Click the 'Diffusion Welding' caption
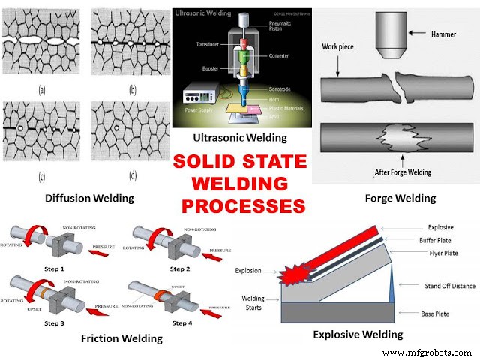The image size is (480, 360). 78,198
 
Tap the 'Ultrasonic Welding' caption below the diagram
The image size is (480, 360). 240,137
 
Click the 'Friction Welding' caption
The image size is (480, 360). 121,338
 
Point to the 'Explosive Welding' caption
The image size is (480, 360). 358,334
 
